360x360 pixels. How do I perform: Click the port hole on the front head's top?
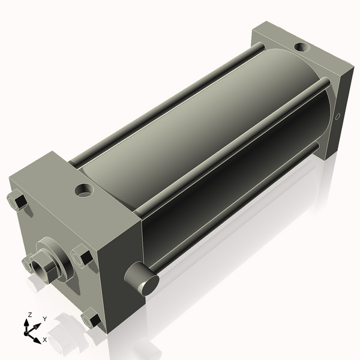(83, 191)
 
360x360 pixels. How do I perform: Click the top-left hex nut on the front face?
(17, 201)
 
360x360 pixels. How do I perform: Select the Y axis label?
(44, 319)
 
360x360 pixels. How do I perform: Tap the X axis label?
(44, 340)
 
